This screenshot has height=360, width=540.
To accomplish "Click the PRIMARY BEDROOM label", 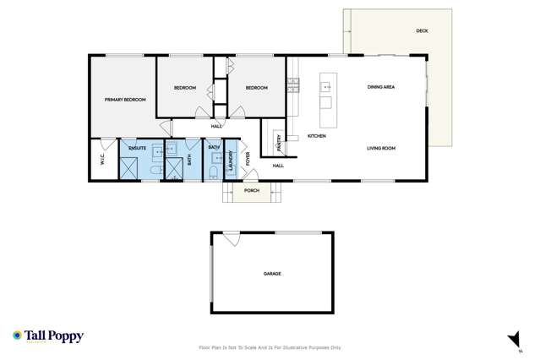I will [x=125, y=100].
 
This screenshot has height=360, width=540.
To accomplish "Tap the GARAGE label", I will [x=272, y=274].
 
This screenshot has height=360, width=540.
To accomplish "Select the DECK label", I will [x=422, y=31].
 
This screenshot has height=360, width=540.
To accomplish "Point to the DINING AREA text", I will [x=382, y=87].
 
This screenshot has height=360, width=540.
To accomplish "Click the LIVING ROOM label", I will [x=381, y=149].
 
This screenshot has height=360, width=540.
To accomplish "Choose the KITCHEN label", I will [x=317, y=136].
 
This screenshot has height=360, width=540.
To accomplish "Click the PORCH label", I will [x=252, y=191].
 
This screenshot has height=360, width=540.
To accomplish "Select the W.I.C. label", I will [x=102, y=160].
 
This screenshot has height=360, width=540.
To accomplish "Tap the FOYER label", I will [x=248, y=157].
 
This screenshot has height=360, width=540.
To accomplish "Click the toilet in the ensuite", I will [x=155, y=172].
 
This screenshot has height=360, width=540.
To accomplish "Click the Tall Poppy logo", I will [x=48, y=335].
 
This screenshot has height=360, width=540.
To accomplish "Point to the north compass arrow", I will [x=511, y=340].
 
